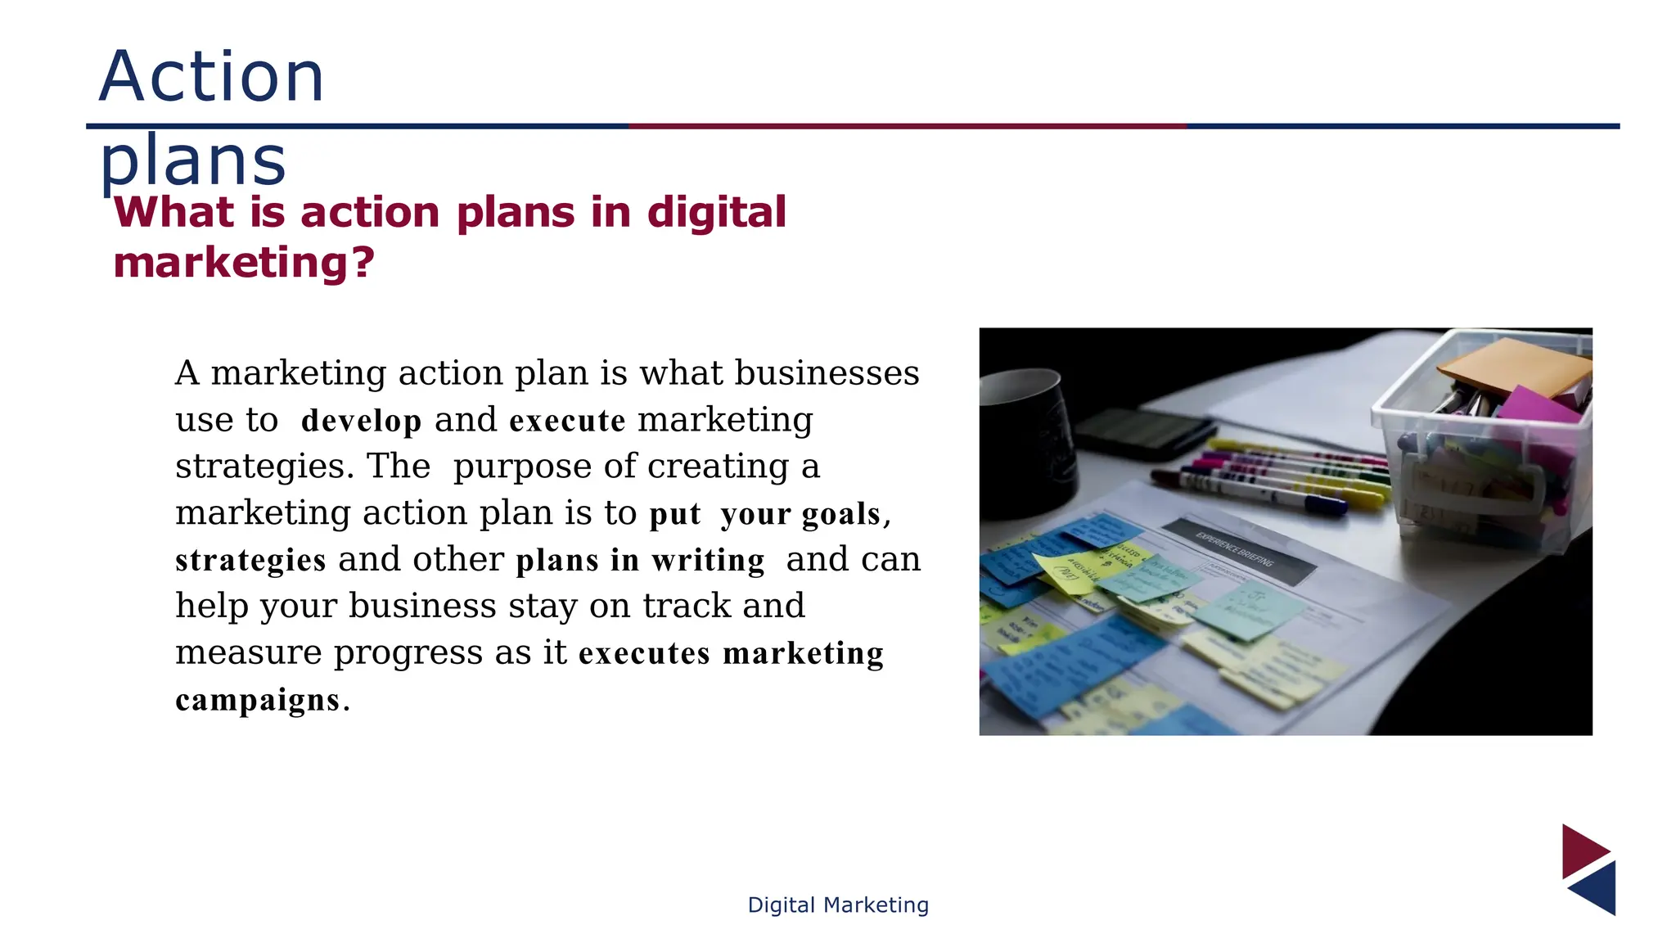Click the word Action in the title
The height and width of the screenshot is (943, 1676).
click(x=212, y=77)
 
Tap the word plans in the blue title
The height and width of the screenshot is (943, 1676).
click(x=193, y=160)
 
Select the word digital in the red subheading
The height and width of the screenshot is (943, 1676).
click(x=717, y=213)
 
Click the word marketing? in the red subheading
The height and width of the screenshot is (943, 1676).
click(x=244, y=264)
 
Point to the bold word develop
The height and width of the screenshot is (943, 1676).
click(x=362, y=421)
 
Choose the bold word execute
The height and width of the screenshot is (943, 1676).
click(x=567, y=421)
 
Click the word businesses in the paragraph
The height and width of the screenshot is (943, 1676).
click(x=827, y=373)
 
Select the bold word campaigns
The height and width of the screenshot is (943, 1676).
click(x=258, y=700)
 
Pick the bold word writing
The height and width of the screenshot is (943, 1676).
click(x=708, y=561)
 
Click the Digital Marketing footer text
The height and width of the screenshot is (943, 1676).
click(x=838, y=905)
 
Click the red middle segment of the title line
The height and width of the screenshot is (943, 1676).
click(x=907, y=126)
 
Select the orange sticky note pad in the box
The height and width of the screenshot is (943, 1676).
click(x=1514, y=364)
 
